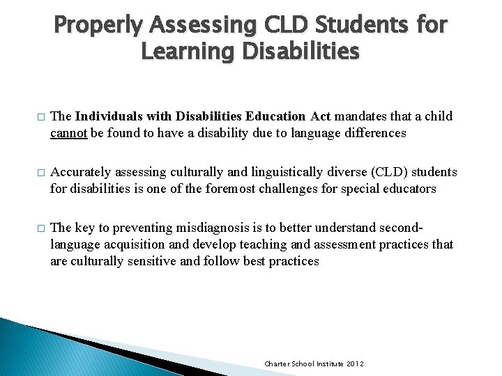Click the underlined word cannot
68,132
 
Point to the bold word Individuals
109,116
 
